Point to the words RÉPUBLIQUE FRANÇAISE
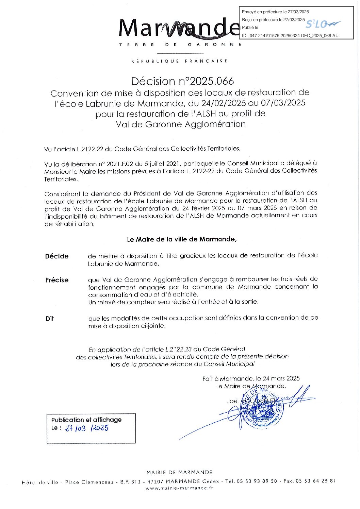pos(179,61)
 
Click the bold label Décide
pos(56,256)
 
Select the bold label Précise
pos(57,280)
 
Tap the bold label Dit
pos(50,319)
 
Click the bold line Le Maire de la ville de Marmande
pos(182,239)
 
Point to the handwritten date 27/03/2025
pos(86,428)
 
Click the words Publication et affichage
pos(86,420)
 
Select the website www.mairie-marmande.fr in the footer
pos(179,488)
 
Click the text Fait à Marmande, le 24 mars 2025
pos(251,378)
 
